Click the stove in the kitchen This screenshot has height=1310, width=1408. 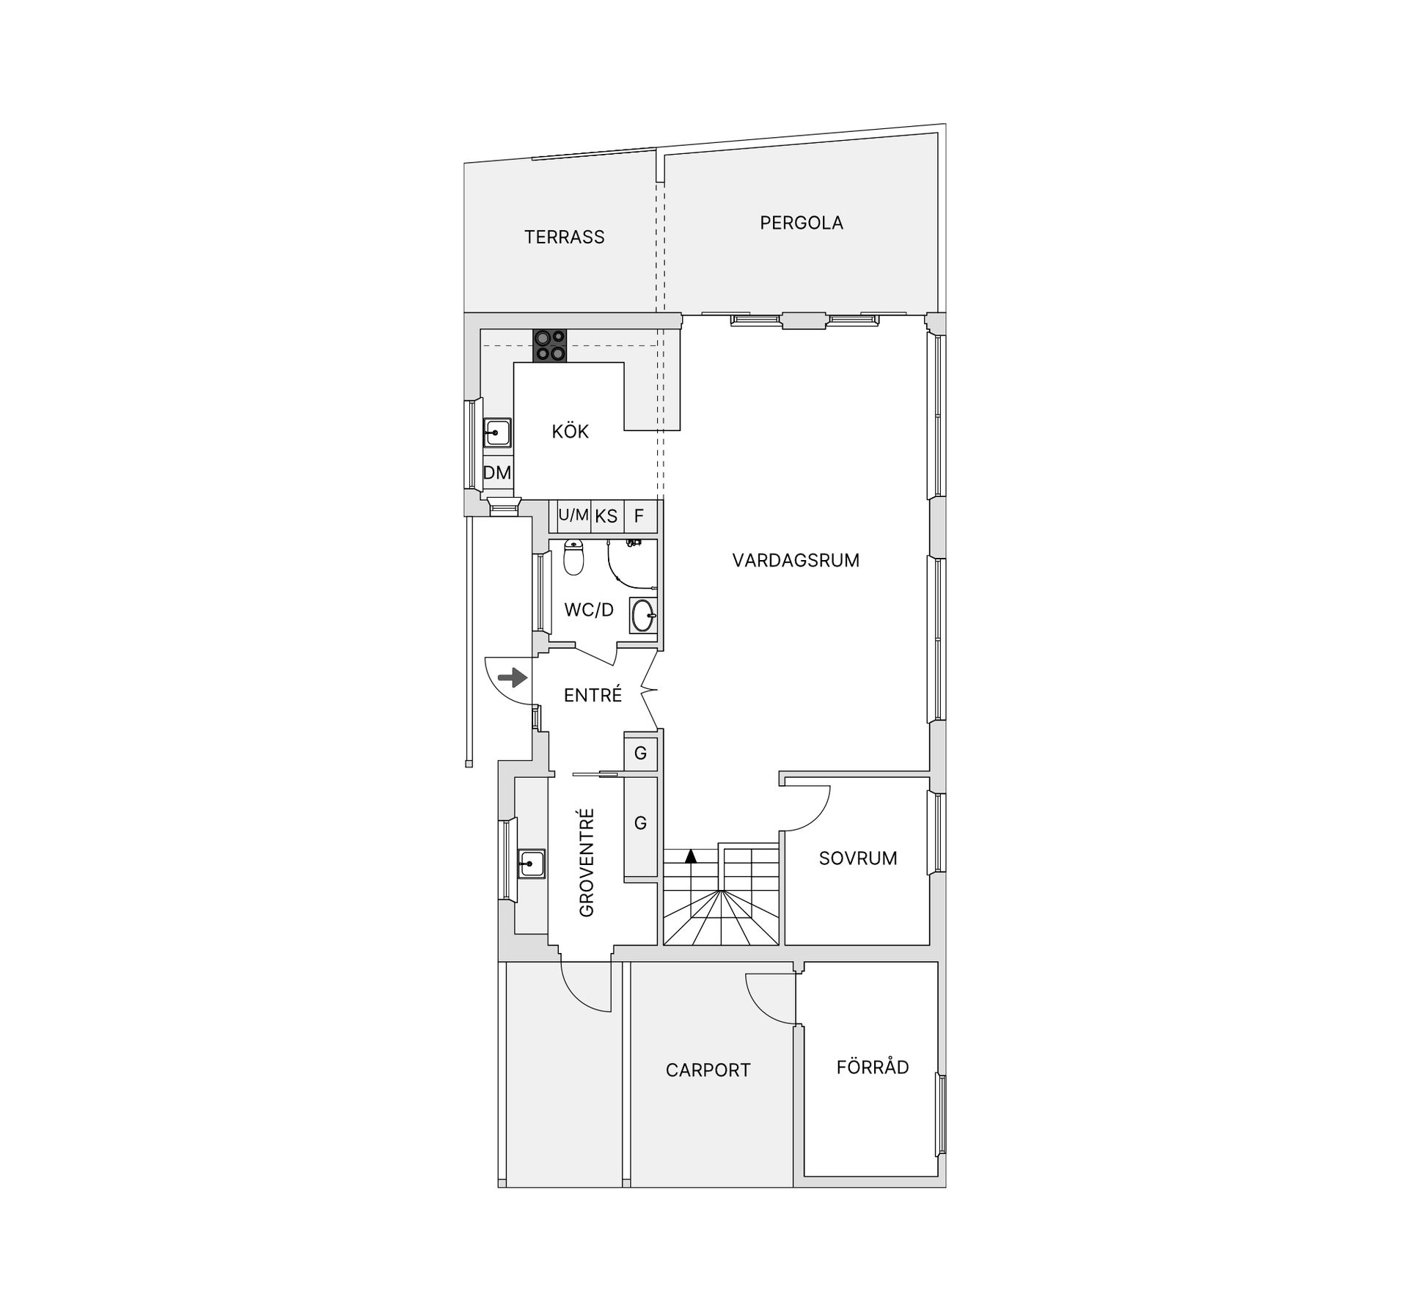(550, 345)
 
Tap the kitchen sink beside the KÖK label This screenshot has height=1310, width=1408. (496, 433)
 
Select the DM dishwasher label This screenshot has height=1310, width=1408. (497, 473)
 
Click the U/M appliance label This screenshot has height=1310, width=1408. (573, 515)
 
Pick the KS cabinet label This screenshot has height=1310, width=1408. (606, 516)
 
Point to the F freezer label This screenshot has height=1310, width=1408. (639, 516)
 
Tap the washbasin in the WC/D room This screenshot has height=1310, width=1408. (643, 616)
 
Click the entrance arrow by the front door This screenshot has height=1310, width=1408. (513, 678)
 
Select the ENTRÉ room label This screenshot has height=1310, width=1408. (593, 695)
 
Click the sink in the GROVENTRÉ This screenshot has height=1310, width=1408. (531, 864)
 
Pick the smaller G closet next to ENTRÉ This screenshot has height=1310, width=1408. (640, 753)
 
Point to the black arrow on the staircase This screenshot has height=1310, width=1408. (690, 855)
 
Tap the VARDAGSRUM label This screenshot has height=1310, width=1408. (796, 561)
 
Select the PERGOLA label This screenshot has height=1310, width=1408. (802, 223)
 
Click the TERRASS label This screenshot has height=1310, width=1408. (565, 237)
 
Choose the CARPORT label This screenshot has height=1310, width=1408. (708, 1070)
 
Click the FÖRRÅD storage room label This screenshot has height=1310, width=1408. (873, 1067)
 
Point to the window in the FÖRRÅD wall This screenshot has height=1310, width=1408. (940, 1115)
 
